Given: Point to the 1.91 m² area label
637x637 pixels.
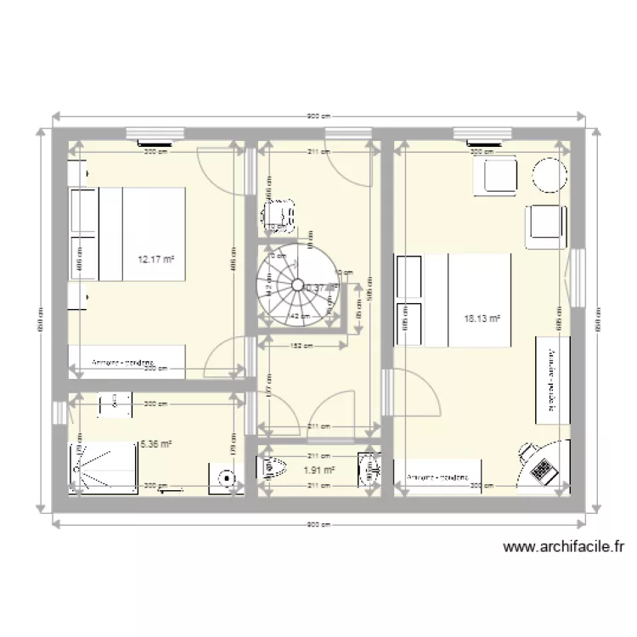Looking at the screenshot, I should [318, 469].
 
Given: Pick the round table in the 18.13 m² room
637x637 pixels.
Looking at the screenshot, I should [549, 176].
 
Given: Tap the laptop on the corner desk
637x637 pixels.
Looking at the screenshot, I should [541, 466].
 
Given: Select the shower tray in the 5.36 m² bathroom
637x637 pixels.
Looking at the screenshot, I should [104, 469].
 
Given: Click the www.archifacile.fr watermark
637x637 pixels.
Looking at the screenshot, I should [562, 548].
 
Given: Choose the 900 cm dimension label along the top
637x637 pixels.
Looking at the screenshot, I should [318, 116].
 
